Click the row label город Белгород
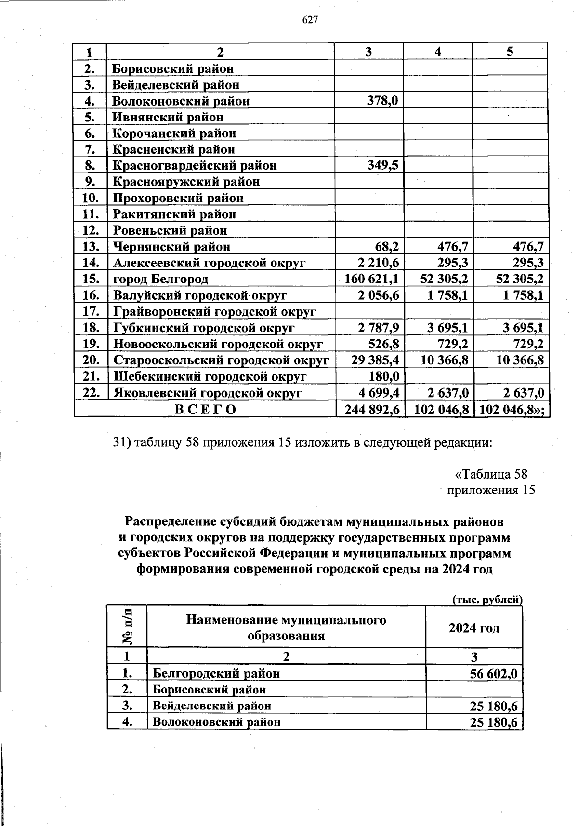160,279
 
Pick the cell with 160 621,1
371,279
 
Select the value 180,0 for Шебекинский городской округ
382,376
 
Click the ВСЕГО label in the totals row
205,410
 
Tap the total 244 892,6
371,410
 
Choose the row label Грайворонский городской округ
214,312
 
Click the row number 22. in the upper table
91,393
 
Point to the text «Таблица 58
495,474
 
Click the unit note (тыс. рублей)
487,600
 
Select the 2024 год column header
474,628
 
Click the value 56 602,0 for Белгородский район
494,674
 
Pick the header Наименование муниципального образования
286,627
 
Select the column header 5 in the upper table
510,52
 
